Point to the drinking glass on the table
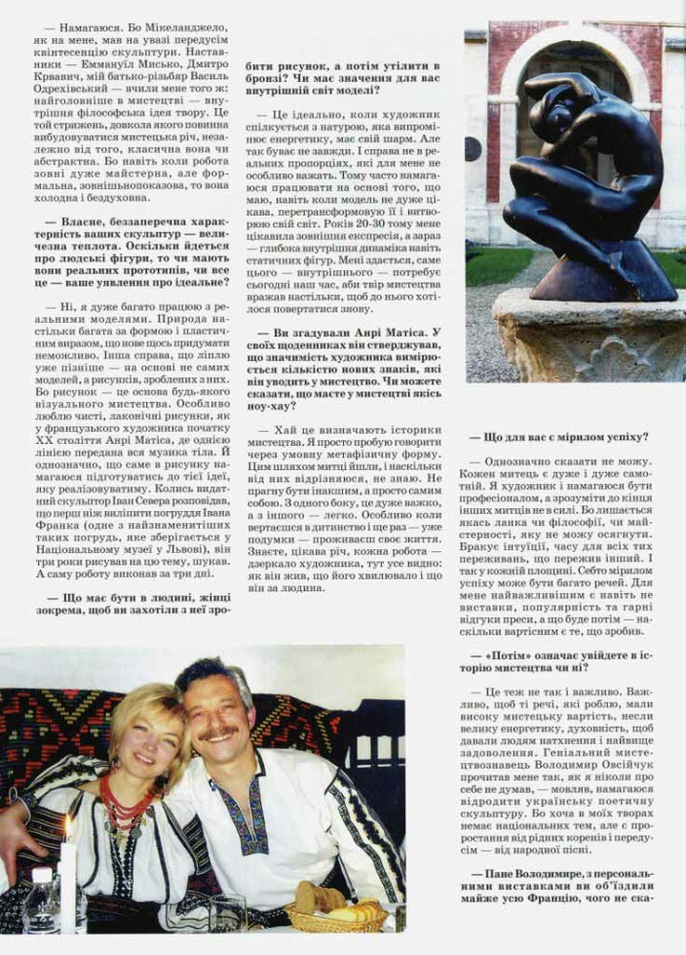(x=228, y=912)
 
